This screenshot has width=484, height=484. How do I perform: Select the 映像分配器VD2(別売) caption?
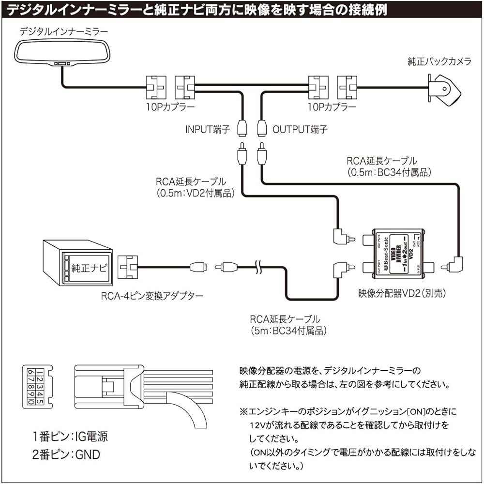402,293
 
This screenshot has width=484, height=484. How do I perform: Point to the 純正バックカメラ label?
438,62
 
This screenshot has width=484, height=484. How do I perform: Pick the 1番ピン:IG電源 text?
70,437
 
